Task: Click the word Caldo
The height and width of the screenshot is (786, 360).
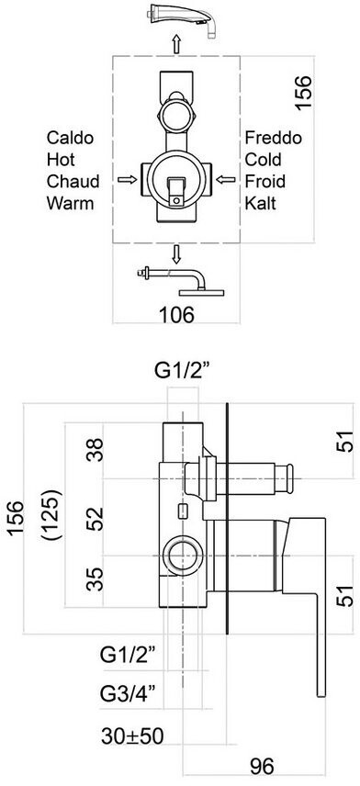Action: click(x=70, y=138)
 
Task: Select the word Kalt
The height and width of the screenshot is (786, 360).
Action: click(x=261, y=203)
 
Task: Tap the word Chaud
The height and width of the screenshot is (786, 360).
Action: click(x=73, y=181)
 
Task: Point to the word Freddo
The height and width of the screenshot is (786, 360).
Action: click(x=274, y=138)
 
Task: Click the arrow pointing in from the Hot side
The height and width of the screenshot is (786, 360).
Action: click(x=128, y=179)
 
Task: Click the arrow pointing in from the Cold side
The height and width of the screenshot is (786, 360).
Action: click(x=226, y=179)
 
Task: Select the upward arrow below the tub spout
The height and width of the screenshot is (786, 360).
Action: click(x=176, y=45)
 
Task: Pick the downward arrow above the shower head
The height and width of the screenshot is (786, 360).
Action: click(x=176, y=254)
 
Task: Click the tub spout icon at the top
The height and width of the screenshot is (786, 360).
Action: click(x=184, y=18)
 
